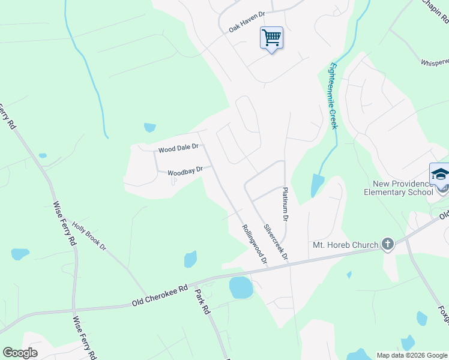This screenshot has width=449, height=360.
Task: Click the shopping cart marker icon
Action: click(x=271, y=38)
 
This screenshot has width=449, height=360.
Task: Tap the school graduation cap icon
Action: click(x=440, y=174)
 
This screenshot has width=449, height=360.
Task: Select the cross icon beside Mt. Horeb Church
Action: click(x=388, y=244)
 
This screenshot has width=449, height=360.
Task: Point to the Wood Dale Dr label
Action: click(x=178, y=148)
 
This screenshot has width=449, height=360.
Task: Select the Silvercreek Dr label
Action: click(x=276, y=242)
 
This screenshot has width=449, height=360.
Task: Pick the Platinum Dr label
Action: click(x=286, y=205)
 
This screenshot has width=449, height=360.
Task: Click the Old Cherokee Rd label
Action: click(x=160, y=296)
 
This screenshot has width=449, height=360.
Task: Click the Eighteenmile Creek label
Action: click(x=333, y=96)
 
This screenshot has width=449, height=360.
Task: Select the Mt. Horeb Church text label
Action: click(x=346, y=245)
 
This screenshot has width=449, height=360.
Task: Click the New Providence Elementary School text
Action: click(x=398, y=187)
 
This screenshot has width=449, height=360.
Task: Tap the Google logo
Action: click(x=20, y=353)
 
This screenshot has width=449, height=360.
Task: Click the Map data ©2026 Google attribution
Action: click(x=412, y=355)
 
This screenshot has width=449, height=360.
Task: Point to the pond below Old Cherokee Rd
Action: click(x=241, y=288)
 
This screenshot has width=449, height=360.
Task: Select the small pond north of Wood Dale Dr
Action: click(x=149, y=127)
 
